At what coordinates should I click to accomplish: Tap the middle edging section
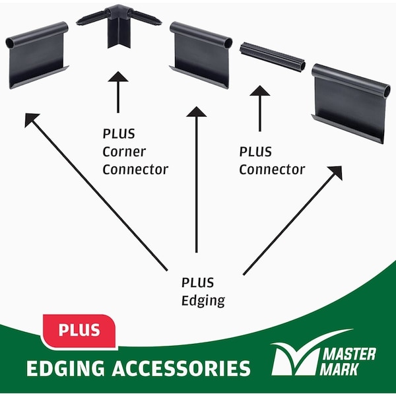[x=201, y=55]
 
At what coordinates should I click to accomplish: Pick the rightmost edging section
[x=350, y=101]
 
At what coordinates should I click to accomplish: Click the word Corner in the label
[x=121, y=151]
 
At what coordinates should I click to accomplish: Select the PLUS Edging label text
[x=203, y=291]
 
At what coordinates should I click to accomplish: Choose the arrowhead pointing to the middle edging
[x=196, y=113]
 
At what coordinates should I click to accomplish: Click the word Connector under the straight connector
[x=272, y=170]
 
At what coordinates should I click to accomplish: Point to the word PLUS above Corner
[x=119, y=133]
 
